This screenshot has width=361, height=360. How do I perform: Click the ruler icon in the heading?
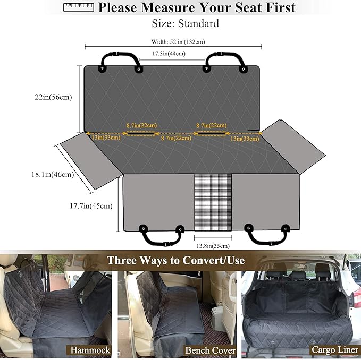click(78, 7)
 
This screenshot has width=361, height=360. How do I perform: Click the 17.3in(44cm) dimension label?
click(169, 54)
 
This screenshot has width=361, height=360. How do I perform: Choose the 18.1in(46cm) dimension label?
click(52, 174)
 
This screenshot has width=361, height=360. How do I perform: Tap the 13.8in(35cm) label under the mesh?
click(213, 246)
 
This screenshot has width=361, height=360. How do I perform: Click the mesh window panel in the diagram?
click(213, 202)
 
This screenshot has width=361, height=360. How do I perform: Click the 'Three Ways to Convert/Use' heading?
click(175, 261)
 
